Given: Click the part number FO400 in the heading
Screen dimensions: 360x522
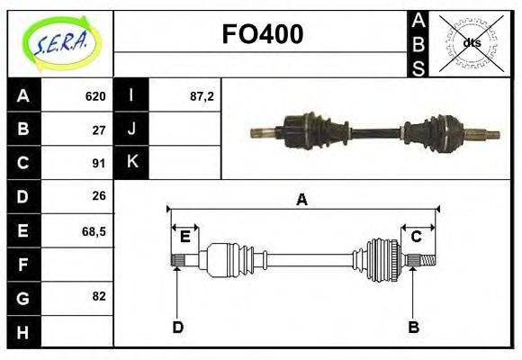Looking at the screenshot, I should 262,35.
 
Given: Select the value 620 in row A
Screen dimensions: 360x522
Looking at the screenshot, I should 95,96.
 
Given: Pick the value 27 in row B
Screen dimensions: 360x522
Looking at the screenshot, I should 99,130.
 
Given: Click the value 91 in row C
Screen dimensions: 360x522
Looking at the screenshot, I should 99,163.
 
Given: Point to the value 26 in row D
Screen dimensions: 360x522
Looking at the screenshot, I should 99,195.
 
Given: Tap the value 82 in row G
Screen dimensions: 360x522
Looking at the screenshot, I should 99,296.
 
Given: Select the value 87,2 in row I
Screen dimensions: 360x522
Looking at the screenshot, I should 202,96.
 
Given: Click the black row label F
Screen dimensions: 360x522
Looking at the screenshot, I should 23,264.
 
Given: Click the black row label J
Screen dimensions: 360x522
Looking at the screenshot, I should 131,130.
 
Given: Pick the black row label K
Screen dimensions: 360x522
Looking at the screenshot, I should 131,163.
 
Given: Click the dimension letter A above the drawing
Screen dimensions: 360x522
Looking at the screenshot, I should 301,201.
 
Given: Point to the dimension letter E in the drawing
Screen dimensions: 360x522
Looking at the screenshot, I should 184,237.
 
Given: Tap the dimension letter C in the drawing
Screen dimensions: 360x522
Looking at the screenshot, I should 417,237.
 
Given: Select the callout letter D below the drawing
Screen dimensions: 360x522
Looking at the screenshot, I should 177,328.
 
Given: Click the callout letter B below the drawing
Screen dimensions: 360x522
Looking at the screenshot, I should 413,328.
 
